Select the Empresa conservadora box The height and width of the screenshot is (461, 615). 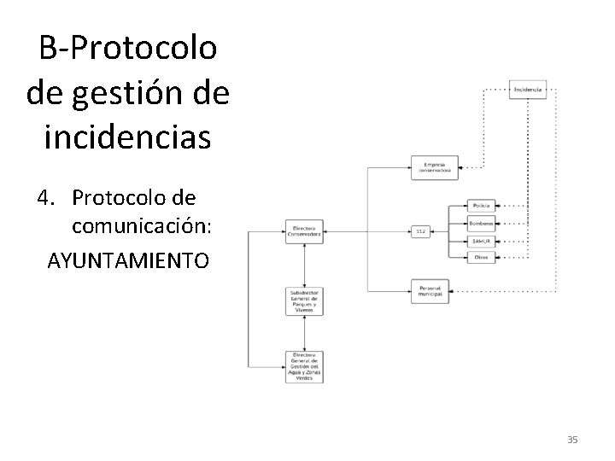pyautogui.click(x=436, y=167)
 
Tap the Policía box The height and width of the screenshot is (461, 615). pyautogui.click(x=479, y=206)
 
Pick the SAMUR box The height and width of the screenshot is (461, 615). pyautogui.click(x=479, y=241)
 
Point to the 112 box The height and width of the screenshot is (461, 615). pyautogui.click(x=420, y=231)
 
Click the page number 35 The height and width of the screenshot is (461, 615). pyautogui.click(x=572, y=440)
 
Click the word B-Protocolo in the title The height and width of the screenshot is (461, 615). pyautogui.click(x=128, y=49)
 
